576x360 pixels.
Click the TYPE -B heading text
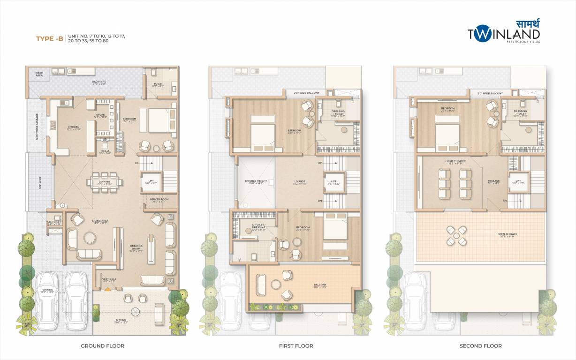point(50,38)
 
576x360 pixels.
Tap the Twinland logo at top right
point(504,33)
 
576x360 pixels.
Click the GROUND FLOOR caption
point(102,346)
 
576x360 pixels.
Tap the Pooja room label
point(105,151)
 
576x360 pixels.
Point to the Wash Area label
point(39,74)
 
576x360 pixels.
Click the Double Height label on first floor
point(256,182)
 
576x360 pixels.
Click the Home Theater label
point(455,162)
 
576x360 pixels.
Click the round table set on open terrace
point(456,236)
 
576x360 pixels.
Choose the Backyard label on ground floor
point(99,82)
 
